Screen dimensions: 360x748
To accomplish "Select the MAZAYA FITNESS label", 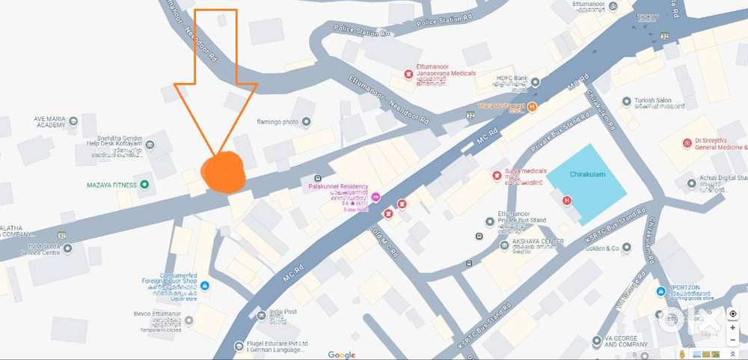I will [x=110, y=184].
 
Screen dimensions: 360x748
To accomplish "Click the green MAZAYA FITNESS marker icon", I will [x=144, y=184].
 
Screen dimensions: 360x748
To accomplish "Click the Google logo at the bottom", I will [x=341, y=355].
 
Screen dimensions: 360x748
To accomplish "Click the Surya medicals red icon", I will [x=495, y=176].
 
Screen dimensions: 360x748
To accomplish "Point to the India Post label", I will [x=283, y=311].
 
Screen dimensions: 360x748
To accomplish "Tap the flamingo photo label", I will [x=278, y=121].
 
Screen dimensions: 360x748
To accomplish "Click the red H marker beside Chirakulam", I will [x=566, y=200].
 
